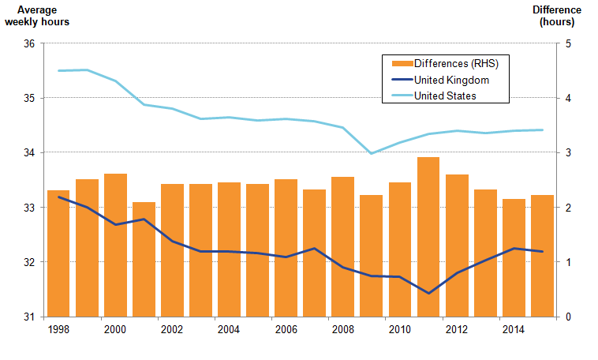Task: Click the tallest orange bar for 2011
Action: click(428, 237)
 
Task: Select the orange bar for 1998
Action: click(58, 253)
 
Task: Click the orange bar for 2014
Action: click(514, 257)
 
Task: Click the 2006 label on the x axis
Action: click(285, 330)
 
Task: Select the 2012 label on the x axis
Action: click(456, 330)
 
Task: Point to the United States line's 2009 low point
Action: click(371, 153)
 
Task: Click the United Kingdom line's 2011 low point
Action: click(428, 293)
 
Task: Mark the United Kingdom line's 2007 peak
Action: click(314, 249)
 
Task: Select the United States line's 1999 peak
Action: click(87, 70)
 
